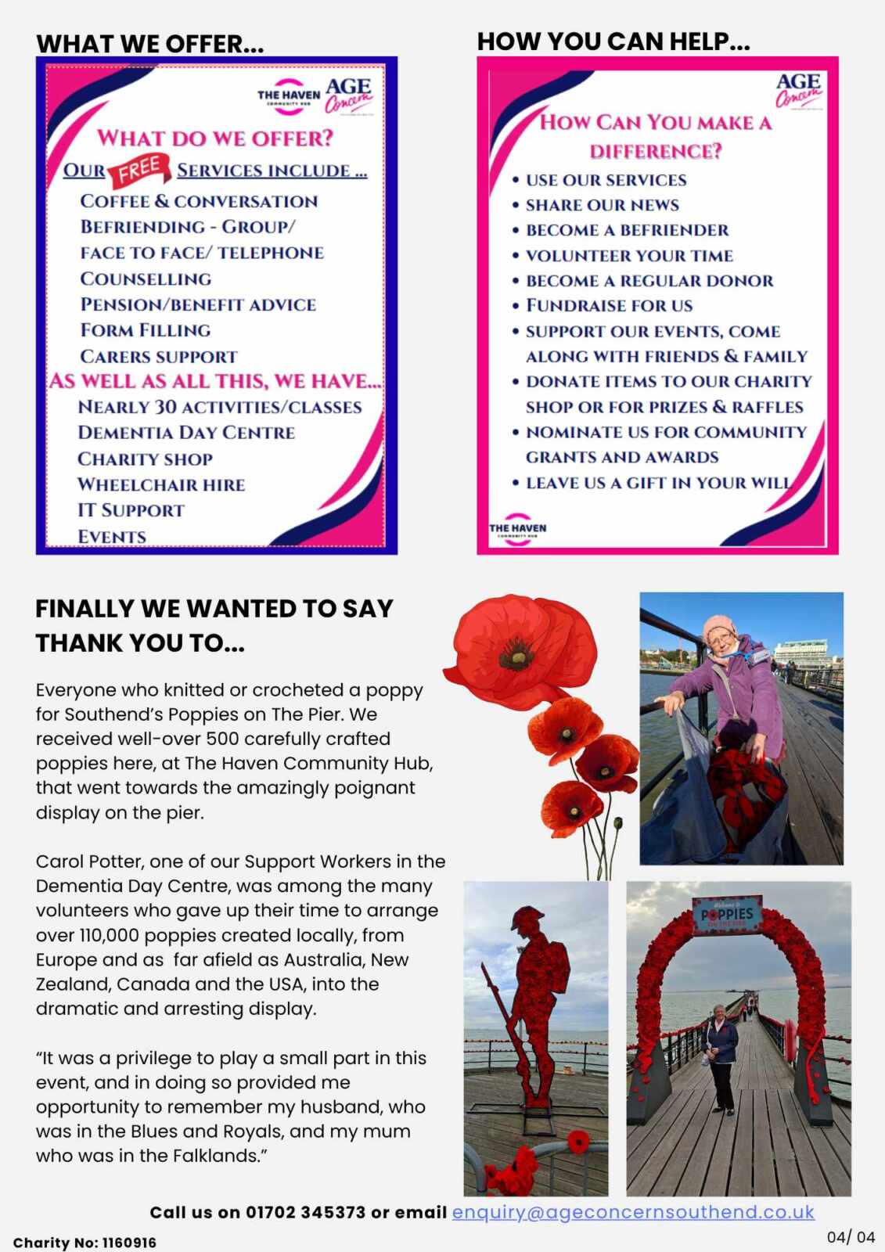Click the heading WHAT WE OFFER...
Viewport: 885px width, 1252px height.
click(149, 44)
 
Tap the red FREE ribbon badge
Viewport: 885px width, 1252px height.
click(141, 170)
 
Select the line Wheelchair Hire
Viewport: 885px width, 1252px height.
click(161, 485)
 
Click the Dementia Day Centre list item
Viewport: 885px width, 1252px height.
click(186, 433)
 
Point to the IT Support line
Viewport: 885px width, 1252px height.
click(131, 510)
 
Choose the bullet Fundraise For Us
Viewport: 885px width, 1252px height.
click(609, 306)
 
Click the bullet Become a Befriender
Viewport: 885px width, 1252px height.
click(627, 230)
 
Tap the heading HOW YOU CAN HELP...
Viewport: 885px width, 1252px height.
click(613, 41)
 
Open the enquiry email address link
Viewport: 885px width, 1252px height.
click(633, 1212)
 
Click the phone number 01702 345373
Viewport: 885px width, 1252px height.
click(306, 1213)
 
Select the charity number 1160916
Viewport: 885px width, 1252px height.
click(129, 1243)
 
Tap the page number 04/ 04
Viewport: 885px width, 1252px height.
click(851, 1237)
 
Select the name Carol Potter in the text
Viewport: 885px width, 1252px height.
click(88, 862)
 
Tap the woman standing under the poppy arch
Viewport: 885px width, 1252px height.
click(720, 1056)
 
